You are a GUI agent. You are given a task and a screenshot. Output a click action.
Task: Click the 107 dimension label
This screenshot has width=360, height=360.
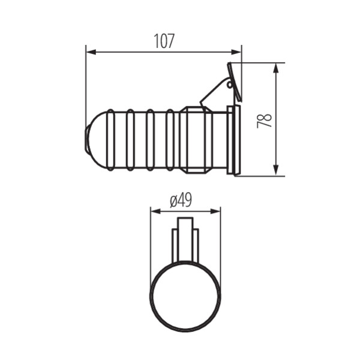coord(164,41)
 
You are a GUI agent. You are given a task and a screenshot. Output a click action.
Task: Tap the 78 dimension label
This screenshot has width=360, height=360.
coord(264,121)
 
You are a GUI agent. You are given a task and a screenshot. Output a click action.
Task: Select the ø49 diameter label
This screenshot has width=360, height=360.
coord(181,200)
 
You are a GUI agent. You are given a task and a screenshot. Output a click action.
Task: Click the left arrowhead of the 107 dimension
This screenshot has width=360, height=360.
coord(91,52)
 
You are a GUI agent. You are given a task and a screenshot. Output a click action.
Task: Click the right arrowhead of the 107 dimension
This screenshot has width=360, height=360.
coord(236,52)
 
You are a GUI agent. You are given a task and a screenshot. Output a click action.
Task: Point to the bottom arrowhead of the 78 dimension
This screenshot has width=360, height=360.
coord(276,171)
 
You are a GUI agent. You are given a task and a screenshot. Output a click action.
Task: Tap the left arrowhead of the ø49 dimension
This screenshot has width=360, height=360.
coord(155,211)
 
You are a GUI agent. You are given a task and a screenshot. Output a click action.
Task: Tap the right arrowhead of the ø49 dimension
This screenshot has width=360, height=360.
coord(215,211)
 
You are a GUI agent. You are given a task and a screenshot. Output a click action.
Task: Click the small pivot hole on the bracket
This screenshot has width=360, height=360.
coord(229,85)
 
